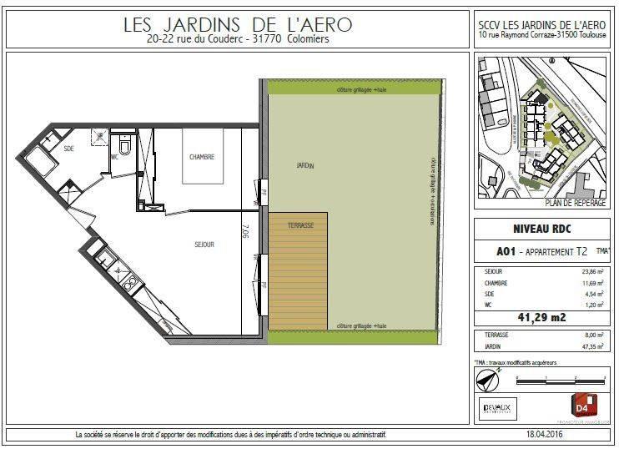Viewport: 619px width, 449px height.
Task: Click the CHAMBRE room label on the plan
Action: click(202, 157)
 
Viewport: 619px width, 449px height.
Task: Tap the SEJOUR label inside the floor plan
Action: click(204, 245)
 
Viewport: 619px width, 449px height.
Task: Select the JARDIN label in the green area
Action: click(304, 165)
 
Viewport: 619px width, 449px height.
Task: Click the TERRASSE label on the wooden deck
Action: click(298, 225)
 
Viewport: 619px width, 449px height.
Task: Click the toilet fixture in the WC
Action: click(124, 149)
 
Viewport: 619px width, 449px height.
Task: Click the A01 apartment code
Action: click(506, 250)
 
